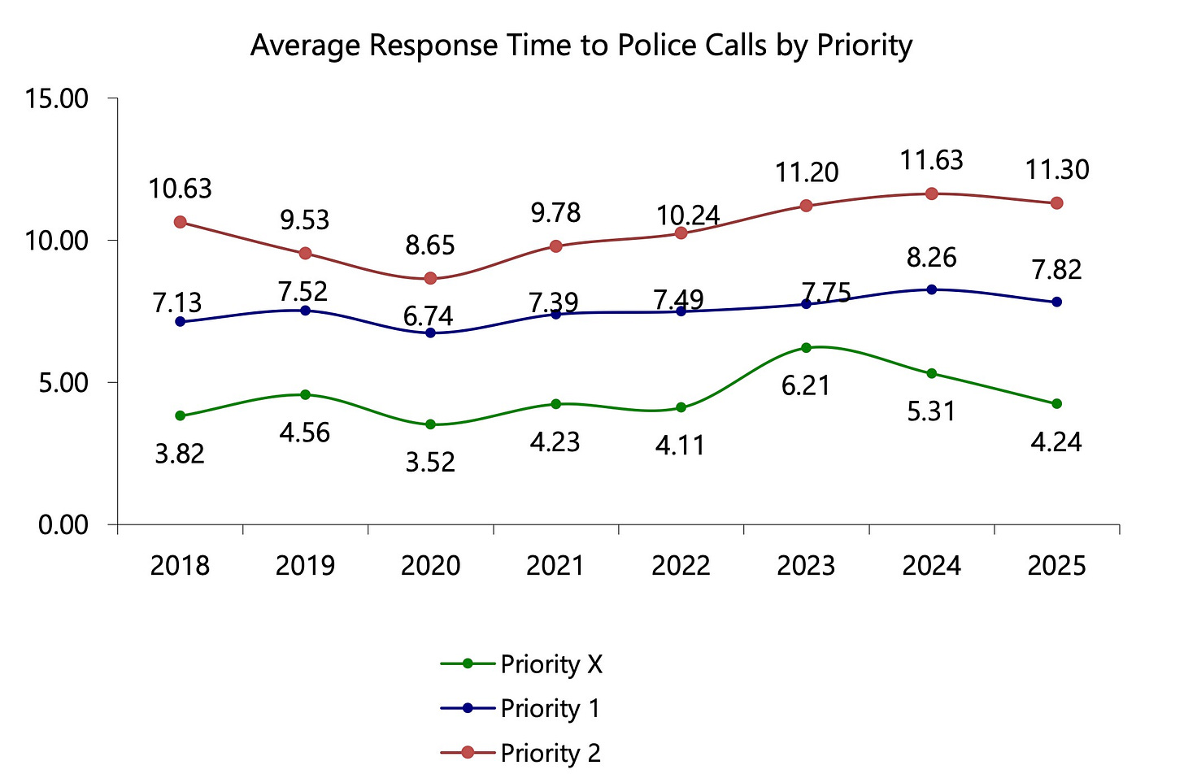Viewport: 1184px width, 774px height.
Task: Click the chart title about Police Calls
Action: [x=581, y=46]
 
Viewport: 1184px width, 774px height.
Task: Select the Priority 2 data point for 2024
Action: [x=932, y=193]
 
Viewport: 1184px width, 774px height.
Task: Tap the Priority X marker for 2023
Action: [x=807, y=348]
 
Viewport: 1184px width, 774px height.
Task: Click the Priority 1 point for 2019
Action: [x=305, y=311]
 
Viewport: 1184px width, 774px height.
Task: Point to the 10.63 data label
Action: [x=180, y=189]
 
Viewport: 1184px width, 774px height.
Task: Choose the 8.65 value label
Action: [x=430, y=245]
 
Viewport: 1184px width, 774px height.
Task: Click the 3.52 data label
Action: [x=430, y=463]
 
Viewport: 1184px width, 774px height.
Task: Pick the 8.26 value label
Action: [x=932, y=258]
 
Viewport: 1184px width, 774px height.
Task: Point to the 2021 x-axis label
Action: [x=555, y=566]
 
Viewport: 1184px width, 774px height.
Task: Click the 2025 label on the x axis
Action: [x=1056, y=566]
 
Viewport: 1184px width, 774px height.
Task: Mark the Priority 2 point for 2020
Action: [x=430, y=279]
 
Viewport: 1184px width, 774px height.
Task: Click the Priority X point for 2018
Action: [x=180, y=415]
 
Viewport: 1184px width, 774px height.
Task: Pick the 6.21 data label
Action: [x=806, y=385]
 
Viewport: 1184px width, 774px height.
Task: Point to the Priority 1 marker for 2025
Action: [x=1056, y=302]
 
